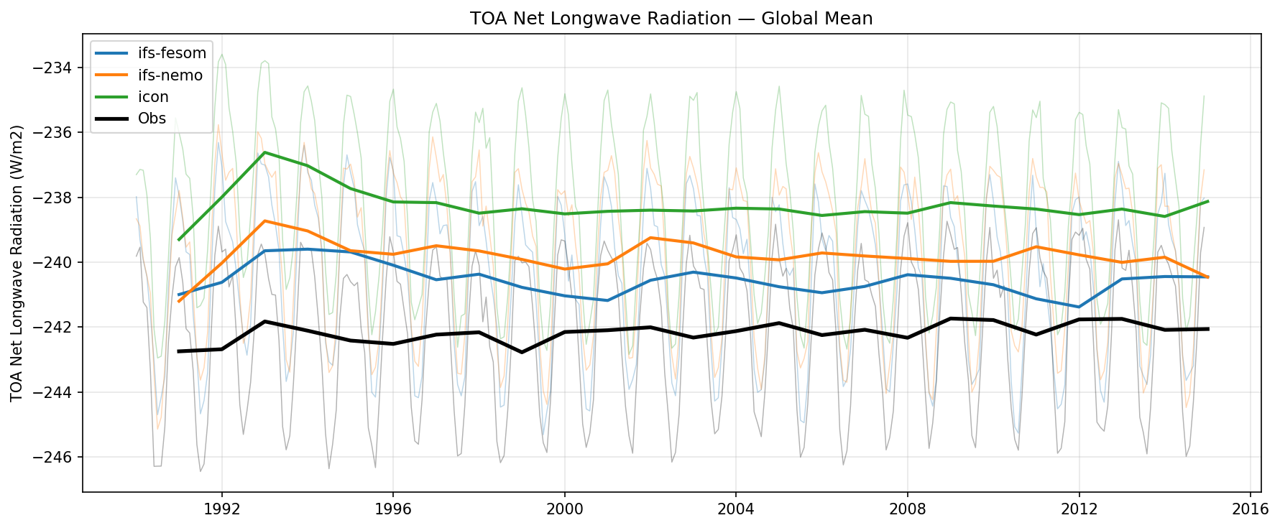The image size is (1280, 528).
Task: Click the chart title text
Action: coord(671,18)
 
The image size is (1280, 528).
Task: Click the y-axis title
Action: coord(17,263)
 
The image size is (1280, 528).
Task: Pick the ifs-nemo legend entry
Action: coord(170,75)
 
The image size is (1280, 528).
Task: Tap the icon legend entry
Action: coord(153,97)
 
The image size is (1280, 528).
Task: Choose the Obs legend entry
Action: coord(152,119)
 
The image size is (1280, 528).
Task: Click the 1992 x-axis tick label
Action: coord(221,509)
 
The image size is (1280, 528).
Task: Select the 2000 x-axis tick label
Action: coord(564,509)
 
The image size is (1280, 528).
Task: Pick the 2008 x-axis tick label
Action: coord(907,509)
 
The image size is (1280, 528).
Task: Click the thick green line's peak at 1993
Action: coord(264,152)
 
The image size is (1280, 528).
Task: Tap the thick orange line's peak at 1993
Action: coord(264,221)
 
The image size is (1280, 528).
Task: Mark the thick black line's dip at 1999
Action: coord(522,352)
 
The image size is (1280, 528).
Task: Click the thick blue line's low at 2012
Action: coord(1079,307)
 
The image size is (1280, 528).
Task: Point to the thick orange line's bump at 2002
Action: coord(650,237)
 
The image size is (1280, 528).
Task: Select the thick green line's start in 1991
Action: coord(179,239)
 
